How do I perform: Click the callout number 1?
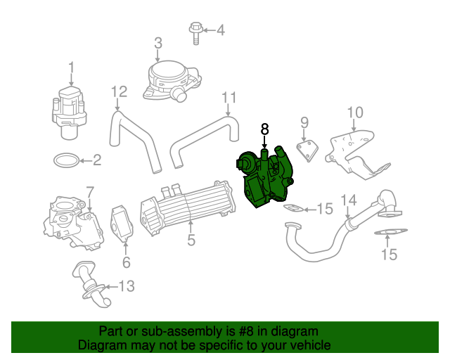click(x=71, y=68)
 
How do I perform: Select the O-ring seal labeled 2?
click(x=66, y=160)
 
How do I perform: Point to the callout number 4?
click(x=220, y=30)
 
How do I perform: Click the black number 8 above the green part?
click(x=264, y=129)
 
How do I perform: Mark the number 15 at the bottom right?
click(x=389, y=255)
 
